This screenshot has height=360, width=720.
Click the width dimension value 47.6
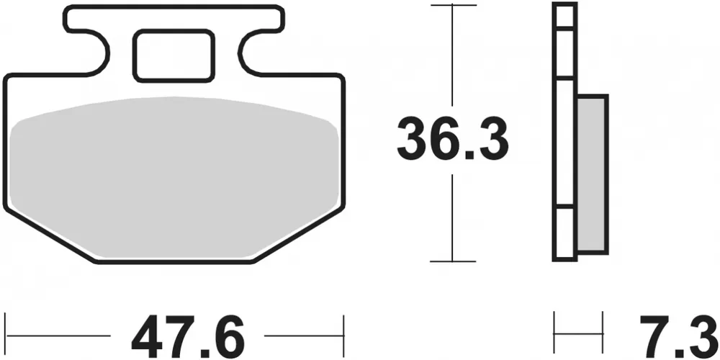point(188,336)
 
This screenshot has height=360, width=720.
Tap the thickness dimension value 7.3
point(670,336)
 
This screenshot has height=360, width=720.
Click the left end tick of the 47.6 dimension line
point(5,335)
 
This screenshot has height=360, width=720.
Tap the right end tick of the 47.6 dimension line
point(345,335)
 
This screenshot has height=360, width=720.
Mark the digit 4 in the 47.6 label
point(148,336)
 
